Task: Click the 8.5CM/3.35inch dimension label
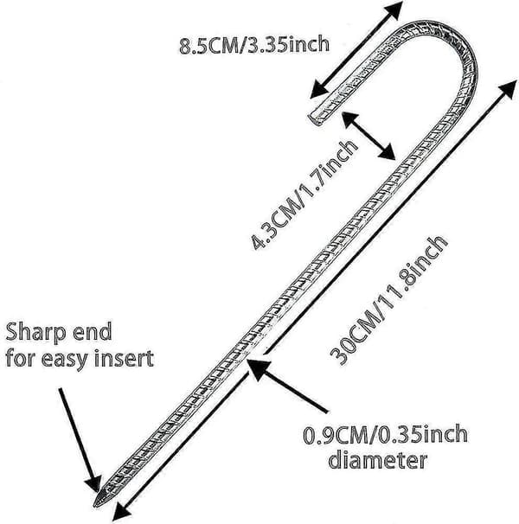point(254,45)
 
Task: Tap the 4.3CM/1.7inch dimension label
point(304,195)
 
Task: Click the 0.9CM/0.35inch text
point(385,434)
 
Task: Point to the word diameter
point(378,461)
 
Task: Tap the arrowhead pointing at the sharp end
point(93,483)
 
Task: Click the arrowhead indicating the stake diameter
point(258,367)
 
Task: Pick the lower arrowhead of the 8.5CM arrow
point(319,89)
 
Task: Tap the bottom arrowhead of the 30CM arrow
point(122,510)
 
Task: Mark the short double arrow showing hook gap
point(368,136)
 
